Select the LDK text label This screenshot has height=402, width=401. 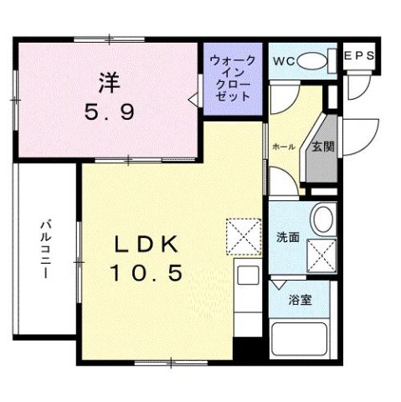(146, 245)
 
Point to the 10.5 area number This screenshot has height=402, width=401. (146, 271)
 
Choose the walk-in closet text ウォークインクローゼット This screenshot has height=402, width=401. (232, 78)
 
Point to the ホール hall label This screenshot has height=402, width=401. (283, 147)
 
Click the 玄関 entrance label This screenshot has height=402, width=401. (323, 147)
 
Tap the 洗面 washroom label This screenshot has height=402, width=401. (288, 236)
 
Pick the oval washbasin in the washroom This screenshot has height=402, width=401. (321, 220)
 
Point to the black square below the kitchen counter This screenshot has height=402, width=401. (244, 349)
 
